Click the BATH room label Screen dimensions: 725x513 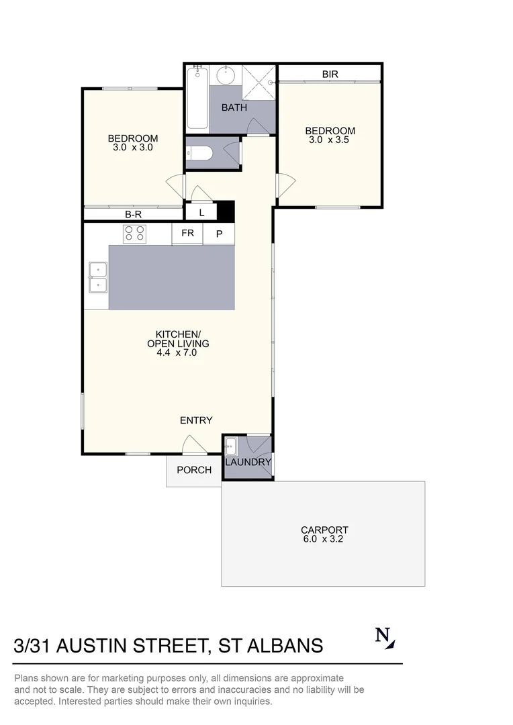(234, 107)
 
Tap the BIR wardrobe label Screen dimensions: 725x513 (330, 75)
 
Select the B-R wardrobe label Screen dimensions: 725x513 (133, 215)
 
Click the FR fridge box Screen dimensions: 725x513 (187, 234)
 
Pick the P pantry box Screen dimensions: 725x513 (219, 234)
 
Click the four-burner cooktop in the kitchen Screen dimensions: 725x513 (134, 234)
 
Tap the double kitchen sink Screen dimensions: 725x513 (98, 277)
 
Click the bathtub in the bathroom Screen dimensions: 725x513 (197, 98)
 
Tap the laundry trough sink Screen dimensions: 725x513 (230, 446)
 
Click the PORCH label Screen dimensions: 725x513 (193, 470)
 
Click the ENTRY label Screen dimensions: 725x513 (196, 420)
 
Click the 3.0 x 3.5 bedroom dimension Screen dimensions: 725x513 (329, 140)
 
